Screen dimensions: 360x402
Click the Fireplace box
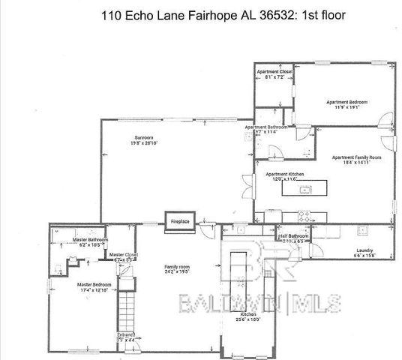click(x=179, y=222)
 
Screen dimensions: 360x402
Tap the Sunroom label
click(x=144, y=138)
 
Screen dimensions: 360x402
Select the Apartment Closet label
click(x=274, y=71)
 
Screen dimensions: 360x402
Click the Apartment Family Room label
click(x=356, y=157)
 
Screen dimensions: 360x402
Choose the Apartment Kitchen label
click(x=284, y=174)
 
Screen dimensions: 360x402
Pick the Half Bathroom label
click(x=293, y=236)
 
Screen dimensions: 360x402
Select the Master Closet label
click(x=123, y=255)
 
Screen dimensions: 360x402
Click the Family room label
click(x=178, y=267)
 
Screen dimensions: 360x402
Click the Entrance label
click(x=125, y=334)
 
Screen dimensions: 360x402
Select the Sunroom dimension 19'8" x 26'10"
click(x=144, y=144)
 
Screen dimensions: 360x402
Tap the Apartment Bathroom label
click(x=267, y=127)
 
